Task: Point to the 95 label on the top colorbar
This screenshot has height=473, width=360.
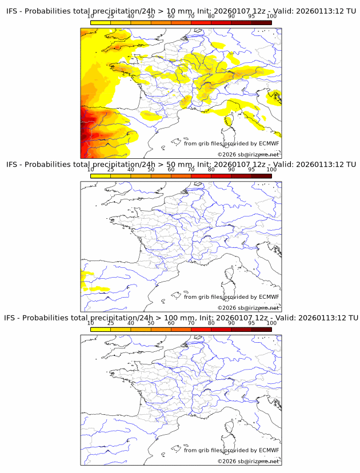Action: point(251,16)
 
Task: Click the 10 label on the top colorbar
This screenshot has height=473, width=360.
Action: point(91,16)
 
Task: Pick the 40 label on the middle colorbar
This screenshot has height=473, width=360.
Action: point(131,170)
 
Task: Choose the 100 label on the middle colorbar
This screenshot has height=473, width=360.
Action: point(271,170)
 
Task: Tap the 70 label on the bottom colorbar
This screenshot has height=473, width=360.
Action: point(191,323)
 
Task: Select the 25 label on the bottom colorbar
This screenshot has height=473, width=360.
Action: point(111,323)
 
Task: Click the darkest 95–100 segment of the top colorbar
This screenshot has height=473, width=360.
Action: point(261,22)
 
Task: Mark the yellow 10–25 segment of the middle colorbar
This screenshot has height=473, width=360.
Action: point(101,176)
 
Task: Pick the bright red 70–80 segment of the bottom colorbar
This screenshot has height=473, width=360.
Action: point(201,330)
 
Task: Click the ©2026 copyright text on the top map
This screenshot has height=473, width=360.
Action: point(248,155)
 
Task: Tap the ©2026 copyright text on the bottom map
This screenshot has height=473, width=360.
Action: point(248,461)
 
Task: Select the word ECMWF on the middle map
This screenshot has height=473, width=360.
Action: point(269,297)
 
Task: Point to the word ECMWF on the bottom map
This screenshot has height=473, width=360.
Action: point(269,450)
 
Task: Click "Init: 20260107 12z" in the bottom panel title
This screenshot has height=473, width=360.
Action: point(227,318)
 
